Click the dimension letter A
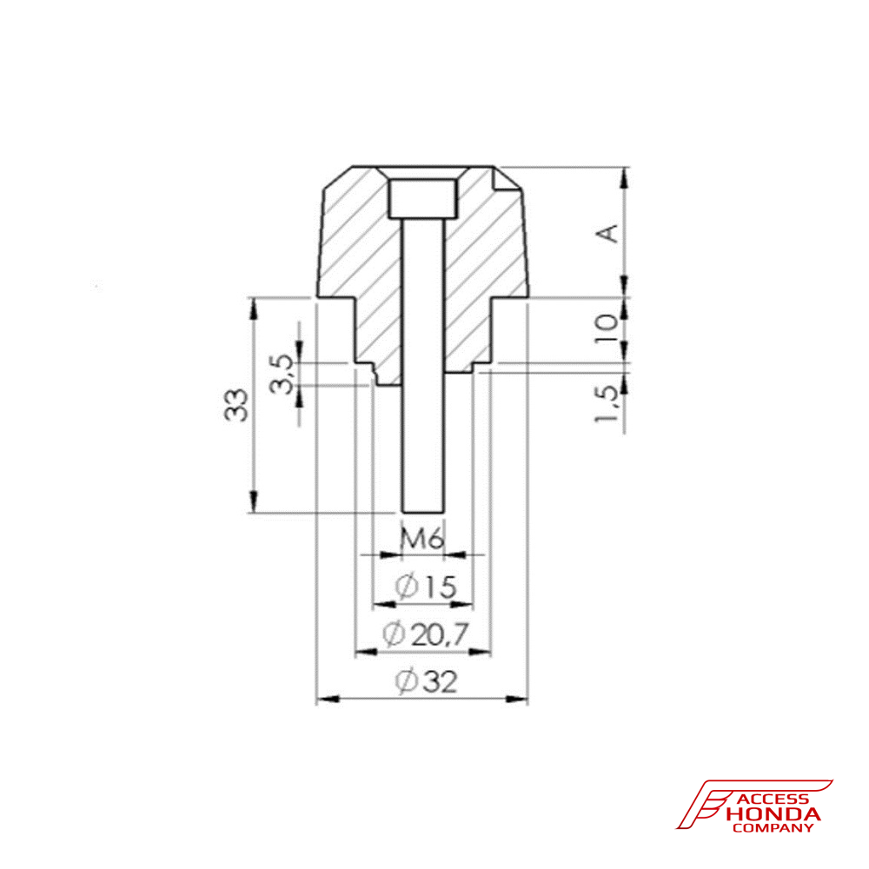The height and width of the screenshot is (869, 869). pos(610,233)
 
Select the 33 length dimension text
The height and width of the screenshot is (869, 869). pos(236,405)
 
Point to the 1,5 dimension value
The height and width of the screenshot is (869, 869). pos(608,405)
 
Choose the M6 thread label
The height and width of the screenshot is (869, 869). pos(423,540)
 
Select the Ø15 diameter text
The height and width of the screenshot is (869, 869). pos(424,588)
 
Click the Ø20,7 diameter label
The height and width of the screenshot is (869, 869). pos(424,636)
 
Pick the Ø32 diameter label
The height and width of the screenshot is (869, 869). pos(424,682)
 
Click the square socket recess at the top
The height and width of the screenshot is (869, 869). pos(423,199)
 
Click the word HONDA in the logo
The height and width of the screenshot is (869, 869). pos(773,814)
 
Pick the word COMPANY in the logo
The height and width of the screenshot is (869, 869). pos(773,828)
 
